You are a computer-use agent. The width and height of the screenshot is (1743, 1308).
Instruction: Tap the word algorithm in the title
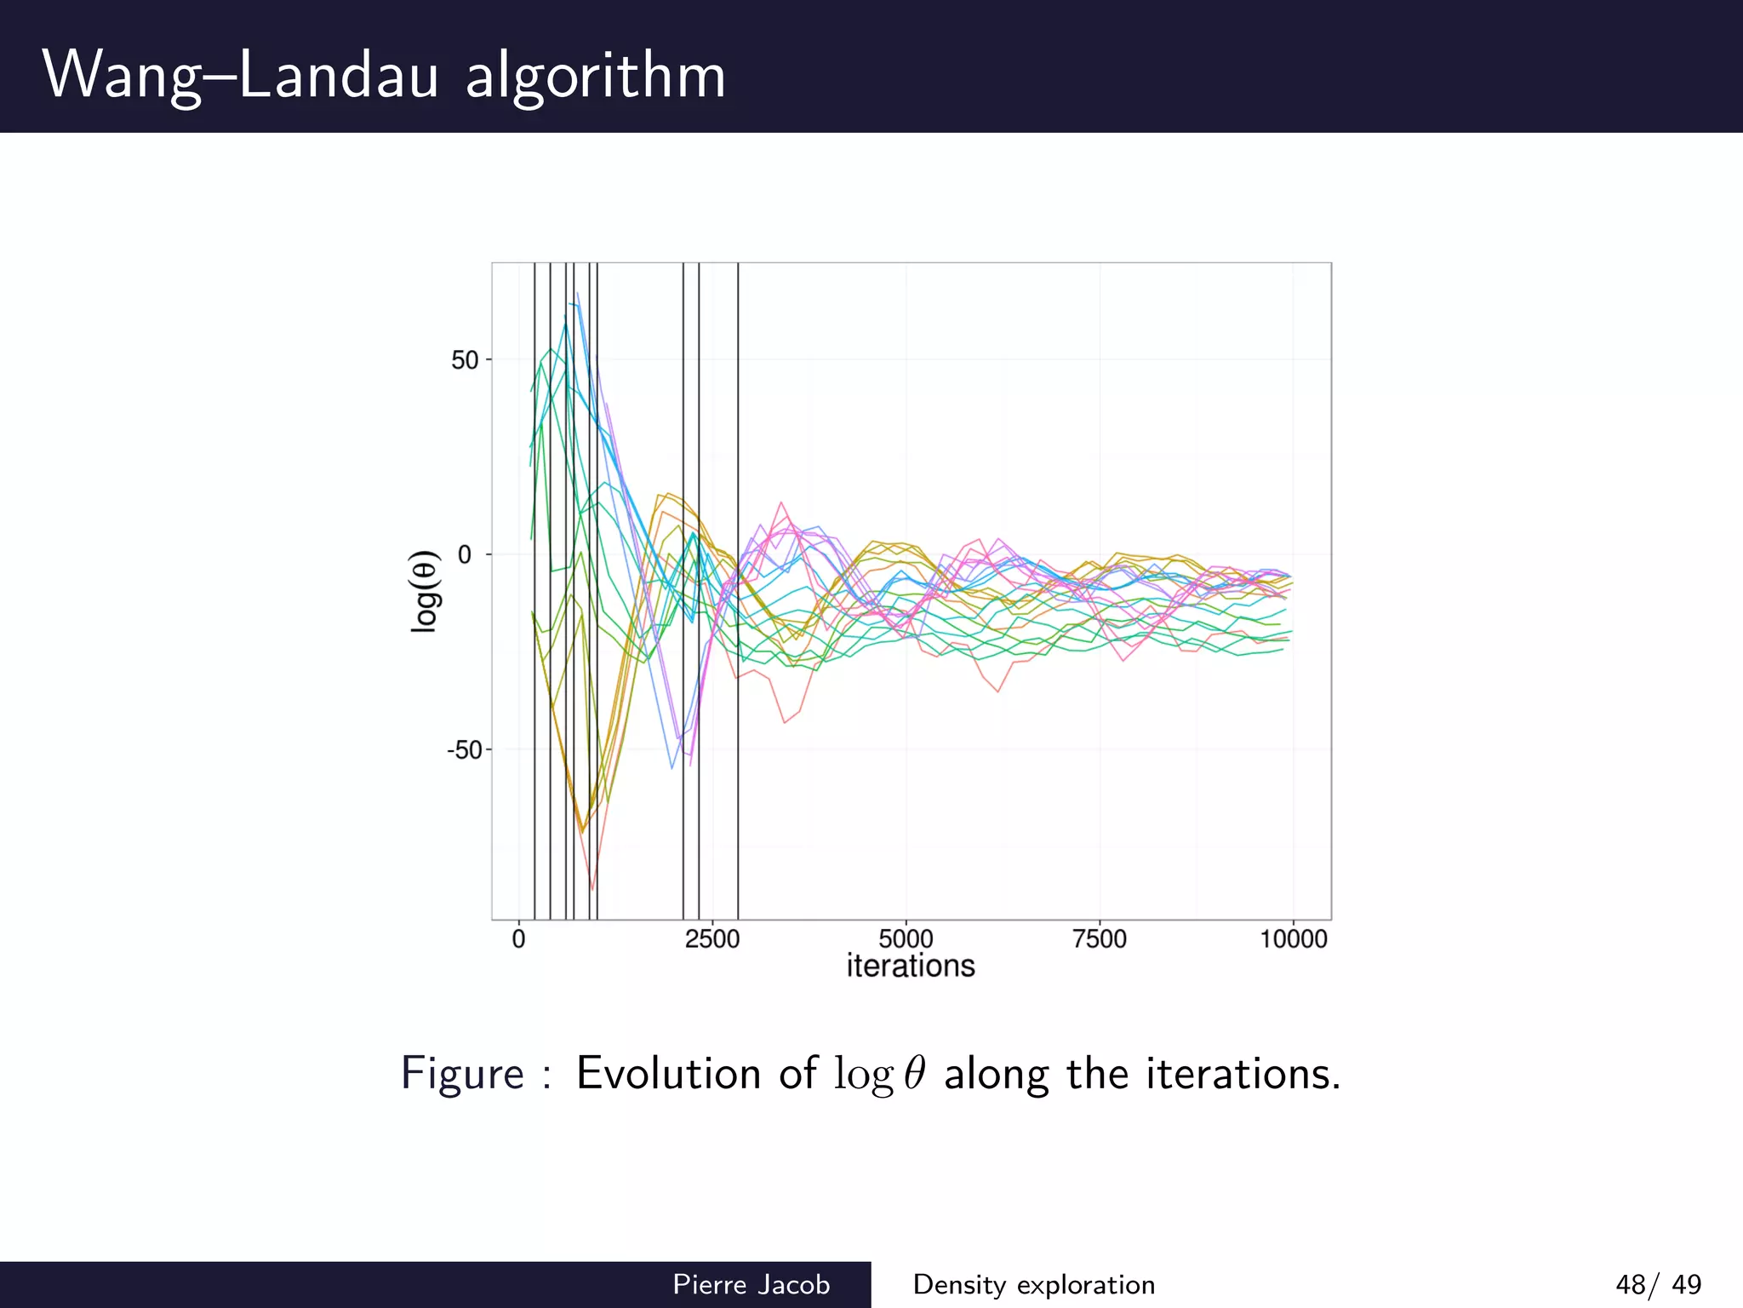pyautogui.click(x=595, y=77)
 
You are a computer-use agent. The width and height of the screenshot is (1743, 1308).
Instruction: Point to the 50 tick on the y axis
pyautogui.click(x=465, y=360)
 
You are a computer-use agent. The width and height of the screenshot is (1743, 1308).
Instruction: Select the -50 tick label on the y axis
pyautogui.click(x=464, y=750)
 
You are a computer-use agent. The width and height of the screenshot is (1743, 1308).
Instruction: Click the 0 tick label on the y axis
pyautogui.click(x=465, y=555)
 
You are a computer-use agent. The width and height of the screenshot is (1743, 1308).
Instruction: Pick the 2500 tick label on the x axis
pyautogui.click(x=712, y=939)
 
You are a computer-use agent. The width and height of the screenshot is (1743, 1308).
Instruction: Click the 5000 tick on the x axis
pyautogui.click(x=906, y=939)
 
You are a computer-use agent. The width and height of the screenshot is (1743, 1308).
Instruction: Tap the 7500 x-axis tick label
pyautogui.click(x=1100, y=939)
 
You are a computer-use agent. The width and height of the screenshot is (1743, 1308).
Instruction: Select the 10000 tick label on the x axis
pyautogui.click(x=1293, y=939)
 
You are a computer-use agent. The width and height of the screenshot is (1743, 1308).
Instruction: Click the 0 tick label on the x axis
pyautogui.click(x=518, y=939)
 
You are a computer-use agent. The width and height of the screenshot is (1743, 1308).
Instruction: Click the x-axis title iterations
pyautogui.click(x=911, y=967)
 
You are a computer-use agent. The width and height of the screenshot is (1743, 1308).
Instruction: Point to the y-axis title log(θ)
pyautogui.click(x=424, y=591)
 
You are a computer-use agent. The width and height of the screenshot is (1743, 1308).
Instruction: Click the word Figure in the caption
pyautogui.click(x=462, y=1073)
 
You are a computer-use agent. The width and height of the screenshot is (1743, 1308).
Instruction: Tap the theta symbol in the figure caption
pyautogui.click(x=914, y=1073)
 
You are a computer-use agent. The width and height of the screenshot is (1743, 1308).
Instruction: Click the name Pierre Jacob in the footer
pyautogui.click(x=751, y=1284)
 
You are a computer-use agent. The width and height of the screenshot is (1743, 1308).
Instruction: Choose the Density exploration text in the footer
pyautogui.click(x=1033, y=1284)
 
